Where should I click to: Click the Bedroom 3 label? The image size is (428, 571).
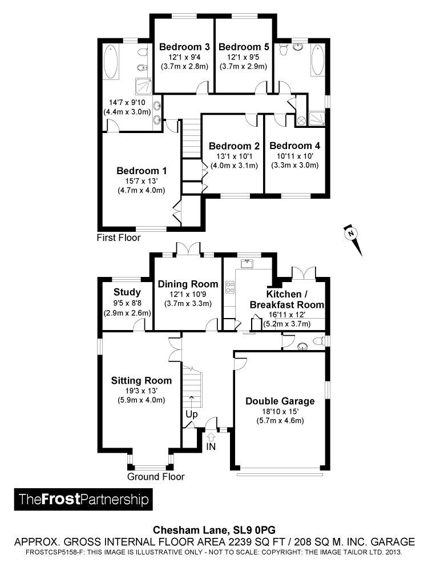184,47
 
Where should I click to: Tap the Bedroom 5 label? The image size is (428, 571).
244,47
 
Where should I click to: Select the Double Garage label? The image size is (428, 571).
280,401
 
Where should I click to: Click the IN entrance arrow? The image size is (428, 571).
211,436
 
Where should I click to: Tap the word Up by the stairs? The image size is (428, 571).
191,415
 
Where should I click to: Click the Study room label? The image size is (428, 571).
127,292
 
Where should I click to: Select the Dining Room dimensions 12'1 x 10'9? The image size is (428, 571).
188,294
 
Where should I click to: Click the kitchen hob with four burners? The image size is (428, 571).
230,287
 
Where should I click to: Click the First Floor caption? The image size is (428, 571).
119,238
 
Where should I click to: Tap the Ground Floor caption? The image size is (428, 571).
156,477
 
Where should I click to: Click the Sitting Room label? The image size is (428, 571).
141,381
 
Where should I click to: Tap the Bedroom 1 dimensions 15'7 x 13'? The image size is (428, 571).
141,180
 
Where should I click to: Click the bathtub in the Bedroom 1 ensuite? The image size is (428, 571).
110,62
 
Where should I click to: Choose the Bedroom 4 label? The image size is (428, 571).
295,146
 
